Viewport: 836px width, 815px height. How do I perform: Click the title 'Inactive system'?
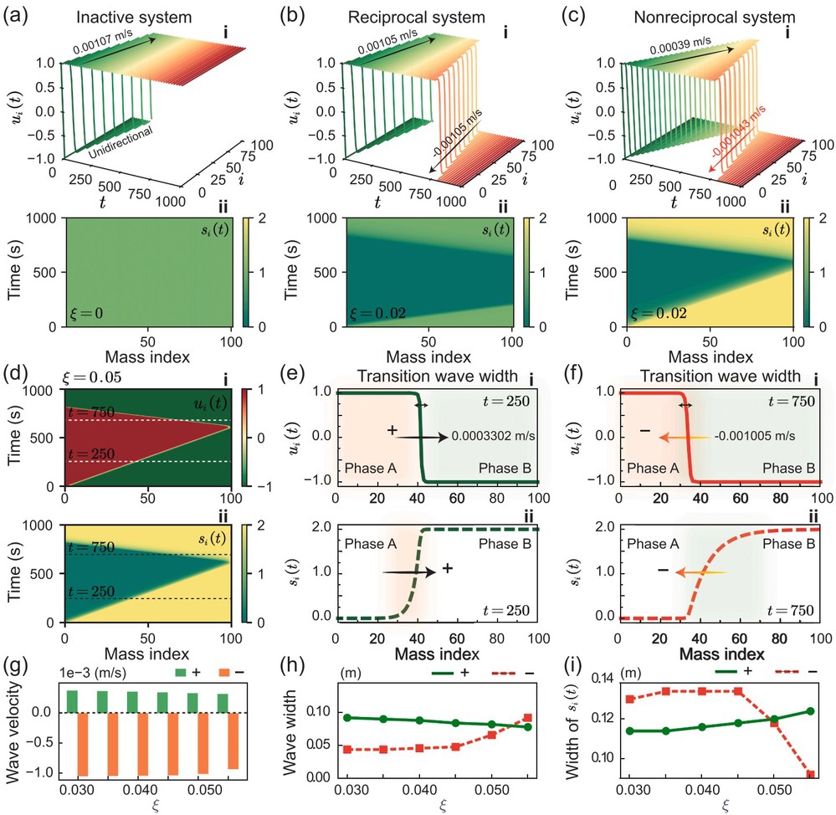coord(134,17)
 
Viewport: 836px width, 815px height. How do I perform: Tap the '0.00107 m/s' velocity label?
coord(104,42)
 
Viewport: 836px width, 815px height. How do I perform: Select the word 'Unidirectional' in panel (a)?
coord(121,142)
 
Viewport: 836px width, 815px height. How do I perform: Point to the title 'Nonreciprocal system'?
coord(715,17)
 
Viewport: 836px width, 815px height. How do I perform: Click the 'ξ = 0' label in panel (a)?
coord(86,313)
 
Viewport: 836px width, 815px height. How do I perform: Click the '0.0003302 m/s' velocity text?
coord(493,436)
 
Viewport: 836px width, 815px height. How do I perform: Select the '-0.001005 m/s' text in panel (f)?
coord(755,436)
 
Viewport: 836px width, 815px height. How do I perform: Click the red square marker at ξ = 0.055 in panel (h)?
coord(527,717)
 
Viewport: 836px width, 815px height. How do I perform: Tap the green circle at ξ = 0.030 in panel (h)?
coord(347,717)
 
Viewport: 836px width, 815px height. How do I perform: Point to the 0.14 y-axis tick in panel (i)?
coord(603,679)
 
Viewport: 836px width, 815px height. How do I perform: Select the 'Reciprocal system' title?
coord(417,17)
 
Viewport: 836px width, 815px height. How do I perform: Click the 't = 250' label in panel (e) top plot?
coord(506,400)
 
